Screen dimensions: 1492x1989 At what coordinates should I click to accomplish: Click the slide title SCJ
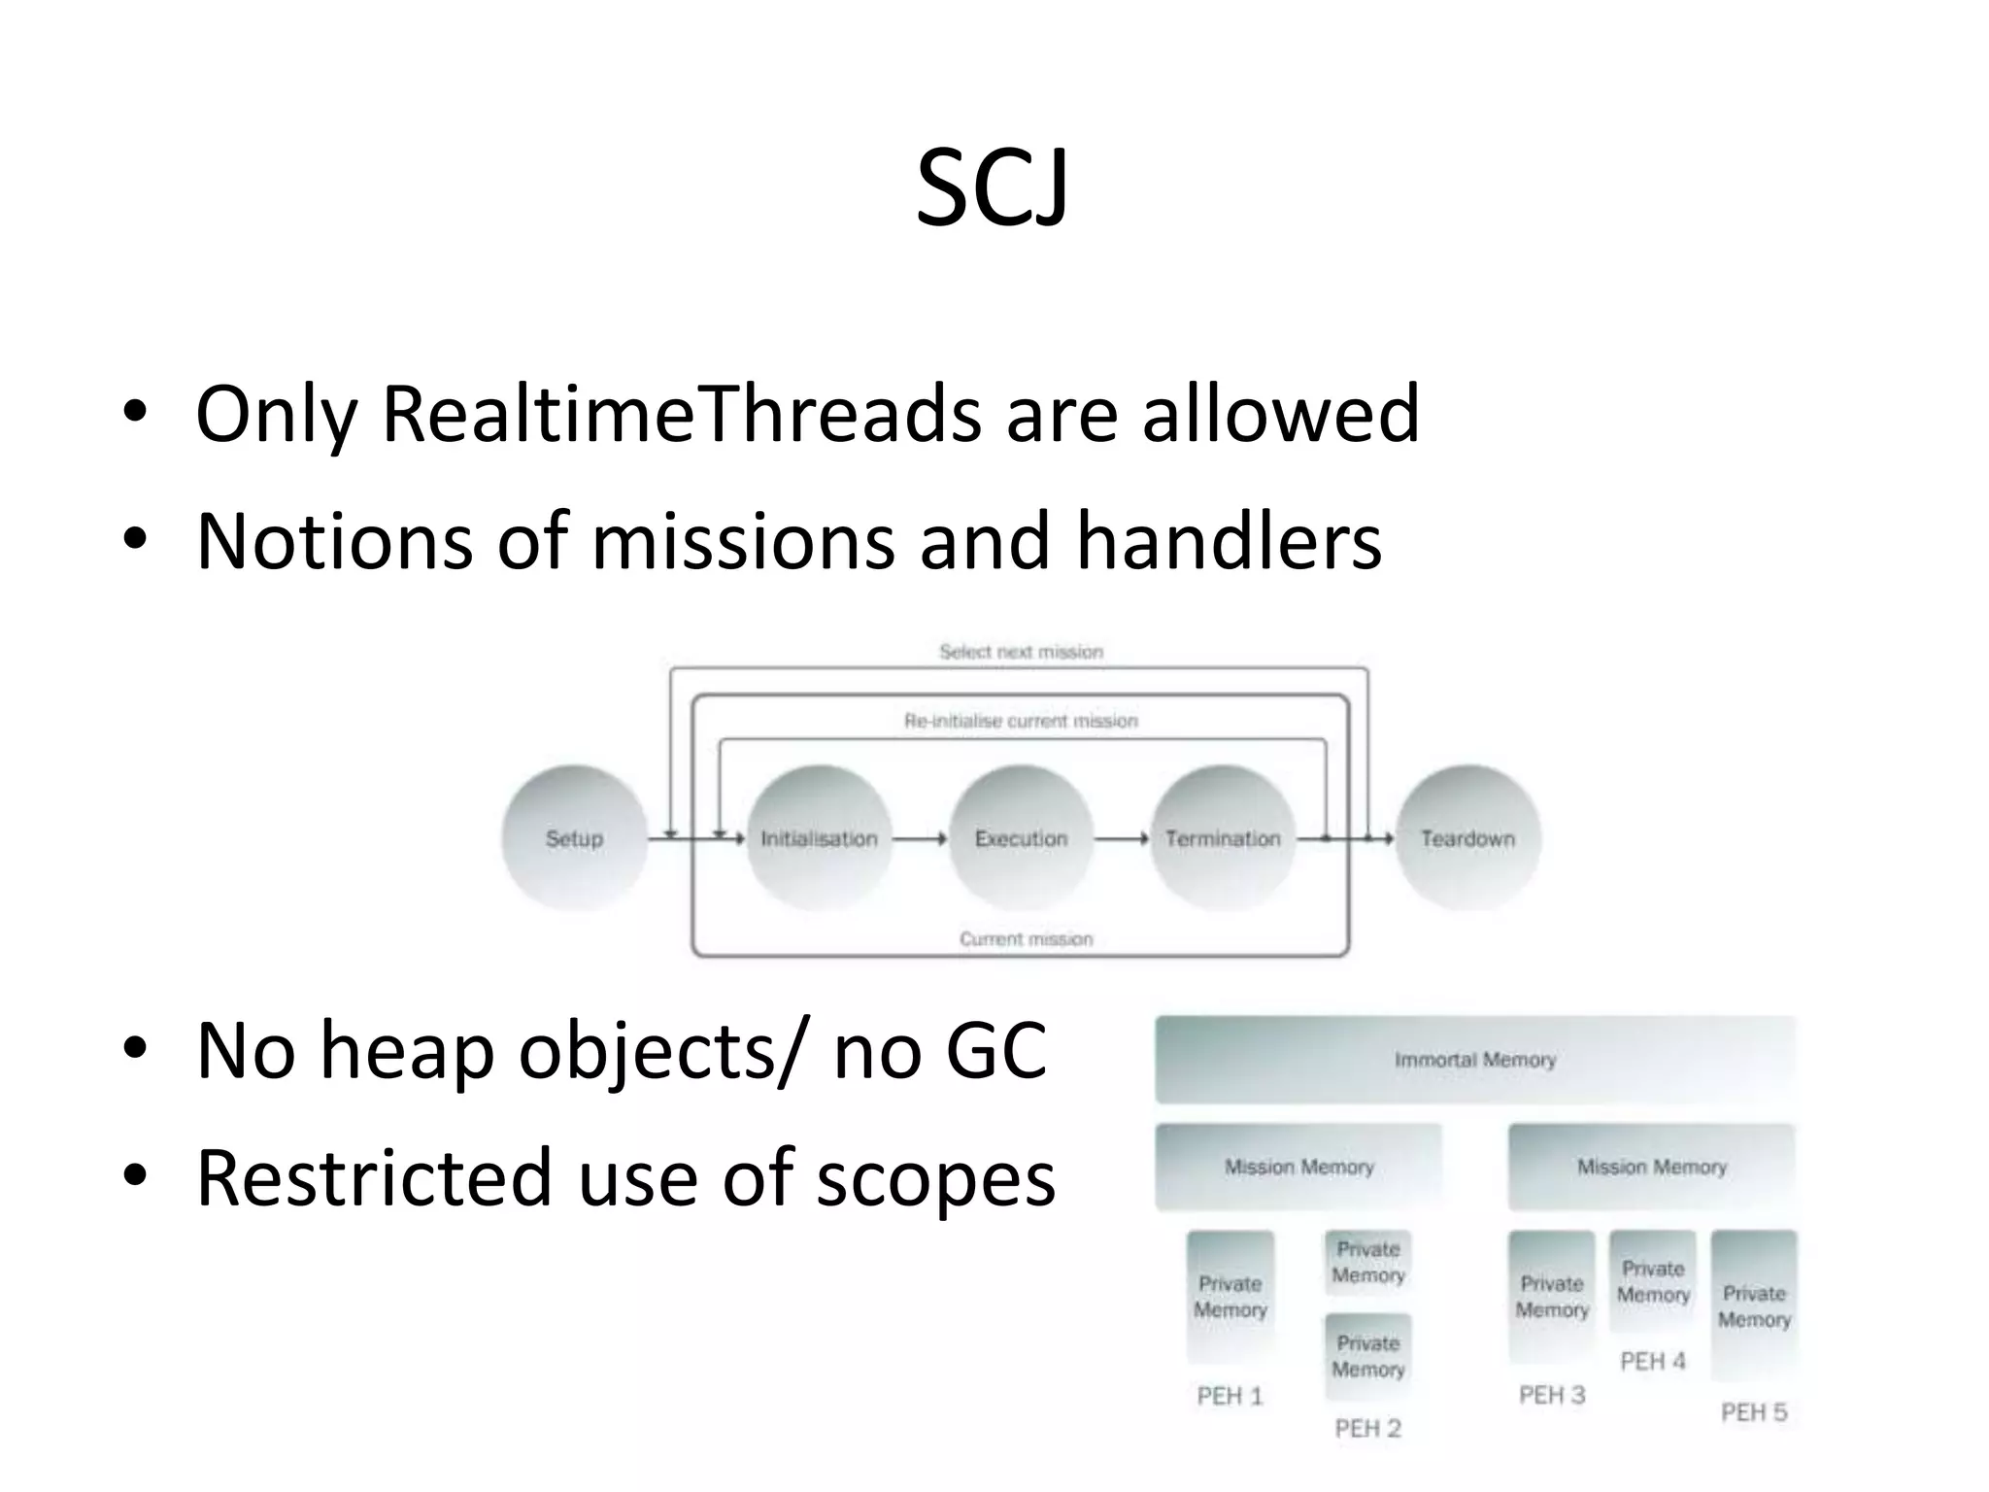[x=992, y=188]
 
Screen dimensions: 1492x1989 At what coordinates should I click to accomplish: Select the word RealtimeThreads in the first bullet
[x=683, y=415]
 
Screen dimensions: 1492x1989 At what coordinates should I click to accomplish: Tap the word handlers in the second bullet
[x=1229, y=541]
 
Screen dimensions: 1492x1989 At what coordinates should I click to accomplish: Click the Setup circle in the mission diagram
[x=574, y=838]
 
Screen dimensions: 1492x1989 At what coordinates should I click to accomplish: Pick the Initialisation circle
[x=819, y=838]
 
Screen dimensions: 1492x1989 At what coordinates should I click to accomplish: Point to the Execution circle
[x=1021, y=838]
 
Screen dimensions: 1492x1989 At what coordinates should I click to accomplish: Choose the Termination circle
[x=1223, y=838]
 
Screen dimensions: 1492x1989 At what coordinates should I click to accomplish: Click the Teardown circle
[x=1467, y=838]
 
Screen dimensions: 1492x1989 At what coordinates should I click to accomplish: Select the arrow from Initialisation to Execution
[x=919, y=838]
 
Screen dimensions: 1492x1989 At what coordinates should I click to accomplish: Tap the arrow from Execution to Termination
[x=1122, y=838]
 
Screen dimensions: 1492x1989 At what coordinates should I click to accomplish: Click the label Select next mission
[x=1021, y=652]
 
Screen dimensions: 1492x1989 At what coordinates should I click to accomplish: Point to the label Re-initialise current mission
[x=1021, y=721]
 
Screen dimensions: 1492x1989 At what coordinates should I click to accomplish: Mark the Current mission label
[x=1026, y=939]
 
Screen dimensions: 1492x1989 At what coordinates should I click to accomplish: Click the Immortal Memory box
[x=1474, y=1060]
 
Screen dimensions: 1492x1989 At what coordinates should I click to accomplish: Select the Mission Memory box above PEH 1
[x=1298, y=1167]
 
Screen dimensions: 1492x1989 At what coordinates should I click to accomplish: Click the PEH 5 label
[x=1754, y=1412]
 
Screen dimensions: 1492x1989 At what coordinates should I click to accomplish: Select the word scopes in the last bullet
[x=935, y=1178]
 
